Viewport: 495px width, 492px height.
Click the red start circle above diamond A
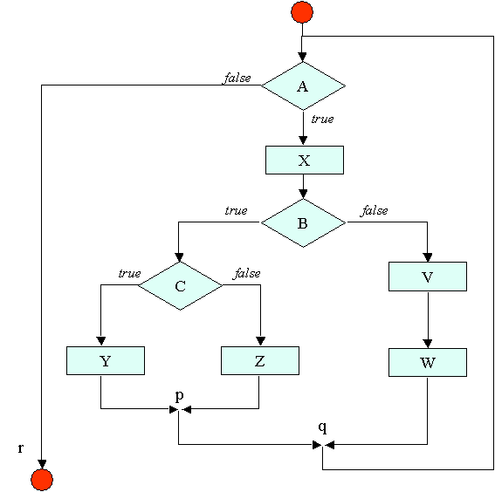(302, 12)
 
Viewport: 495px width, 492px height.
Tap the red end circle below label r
(42, 480)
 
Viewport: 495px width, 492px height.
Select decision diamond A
(303, 85)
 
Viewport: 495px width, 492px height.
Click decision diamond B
(303, 222)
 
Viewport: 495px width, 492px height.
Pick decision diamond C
(180, 286)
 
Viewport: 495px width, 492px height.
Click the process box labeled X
(305, 160)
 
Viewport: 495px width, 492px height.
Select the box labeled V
(428, 277)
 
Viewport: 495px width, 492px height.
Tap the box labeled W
(428, 362)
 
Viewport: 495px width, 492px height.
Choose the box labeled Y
(106, 361)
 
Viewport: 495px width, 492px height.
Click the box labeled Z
(260, 361)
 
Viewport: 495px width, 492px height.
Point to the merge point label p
(179, 395)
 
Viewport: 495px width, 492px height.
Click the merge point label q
(322, 427)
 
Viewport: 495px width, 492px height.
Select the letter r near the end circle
(21, 448)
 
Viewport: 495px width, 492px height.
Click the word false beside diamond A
(237, 78)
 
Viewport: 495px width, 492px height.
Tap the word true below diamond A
(322, 119)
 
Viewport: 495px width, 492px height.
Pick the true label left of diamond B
(236, 210)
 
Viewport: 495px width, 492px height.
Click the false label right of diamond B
(375, 210)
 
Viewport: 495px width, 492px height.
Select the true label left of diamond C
(130, 273)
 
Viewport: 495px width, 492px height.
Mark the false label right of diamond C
(247, 273)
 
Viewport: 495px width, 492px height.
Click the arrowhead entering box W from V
(428, 344)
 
